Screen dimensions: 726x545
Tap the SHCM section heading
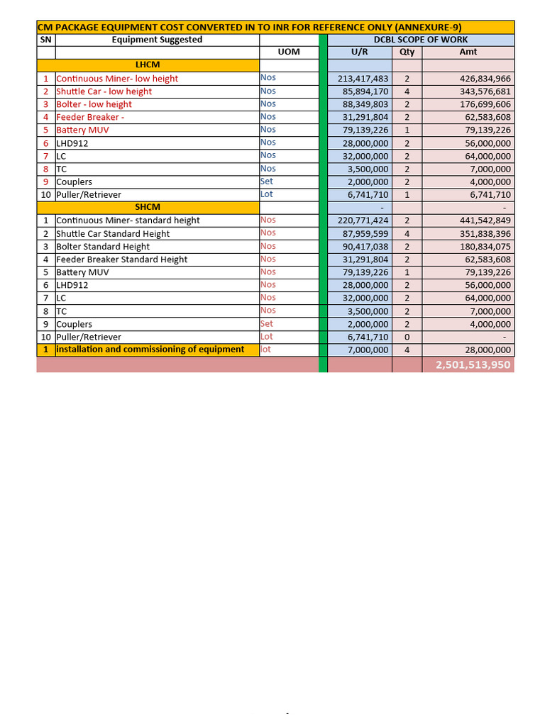point(148,207)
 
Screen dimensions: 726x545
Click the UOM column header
point(289,52)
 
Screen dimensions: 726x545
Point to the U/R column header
point(360,52)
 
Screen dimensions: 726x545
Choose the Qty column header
point(407,52)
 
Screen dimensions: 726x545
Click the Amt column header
point(468,52)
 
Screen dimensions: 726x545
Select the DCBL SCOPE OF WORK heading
point(421,40)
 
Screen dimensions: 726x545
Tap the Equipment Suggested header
point(157,40)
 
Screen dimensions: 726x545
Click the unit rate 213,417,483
point(363,79)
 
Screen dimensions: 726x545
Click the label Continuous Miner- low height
point(117,79)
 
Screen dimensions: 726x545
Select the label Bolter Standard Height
point(103,247)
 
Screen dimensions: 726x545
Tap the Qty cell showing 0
point(407,337)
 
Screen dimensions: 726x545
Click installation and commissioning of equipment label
point(150,350)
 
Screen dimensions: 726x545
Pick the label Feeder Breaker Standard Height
point(121,259)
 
